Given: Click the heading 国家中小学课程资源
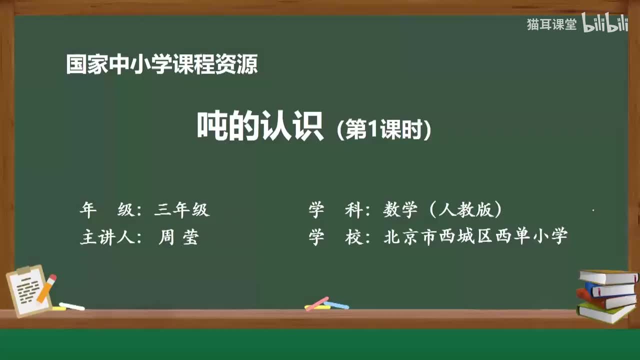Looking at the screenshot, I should click(x=162, y=64).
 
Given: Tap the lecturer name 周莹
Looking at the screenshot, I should click(x=178, y=237).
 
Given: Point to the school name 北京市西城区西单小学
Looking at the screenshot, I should click(x=475, y=236).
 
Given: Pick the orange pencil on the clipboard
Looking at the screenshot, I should click(x=46, y=288).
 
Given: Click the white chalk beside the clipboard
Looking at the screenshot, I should click(x=71, y=306).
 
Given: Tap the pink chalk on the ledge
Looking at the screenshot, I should click(x=316, y=303).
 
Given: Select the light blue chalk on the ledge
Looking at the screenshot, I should click(x=336, y=305).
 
